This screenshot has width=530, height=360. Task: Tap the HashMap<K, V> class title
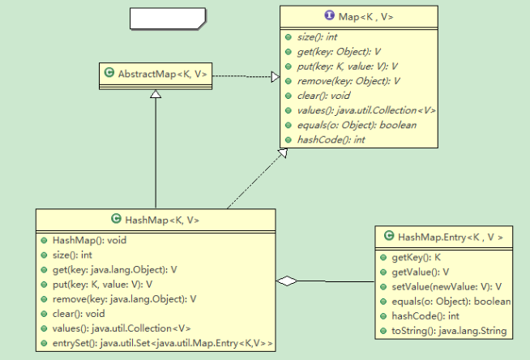point(162,220)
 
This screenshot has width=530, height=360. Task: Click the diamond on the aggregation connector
point(286,281)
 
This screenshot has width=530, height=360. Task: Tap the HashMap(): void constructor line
point(89,241)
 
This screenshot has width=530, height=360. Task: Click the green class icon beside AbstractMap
point(109,75)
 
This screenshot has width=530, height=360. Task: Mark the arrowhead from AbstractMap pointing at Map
point(275,77)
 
